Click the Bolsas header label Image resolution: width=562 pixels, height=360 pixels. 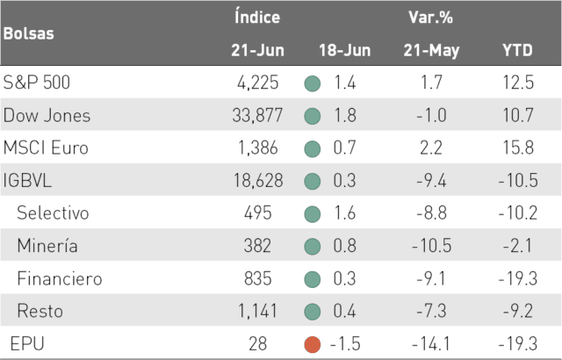click(x=29, y=33)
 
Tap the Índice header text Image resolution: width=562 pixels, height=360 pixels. click(x=257, y=17)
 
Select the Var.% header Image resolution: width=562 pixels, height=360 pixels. click(x=431, y=17)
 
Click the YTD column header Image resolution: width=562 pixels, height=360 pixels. click(x=517, y=50)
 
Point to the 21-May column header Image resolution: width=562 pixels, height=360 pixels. click(x=431, y=51)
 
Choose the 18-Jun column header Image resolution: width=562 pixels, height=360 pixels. click(x=345, y=50)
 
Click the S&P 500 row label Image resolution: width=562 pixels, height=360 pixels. click(x=37, y=83)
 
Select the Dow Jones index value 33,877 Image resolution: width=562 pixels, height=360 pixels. click(x=257, y=115)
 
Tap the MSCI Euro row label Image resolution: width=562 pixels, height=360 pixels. click(x=46, y=148)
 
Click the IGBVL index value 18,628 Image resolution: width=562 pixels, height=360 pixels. click(x=258, y=180)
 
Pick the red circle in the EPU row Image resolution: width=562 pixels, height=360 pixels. click(x=313, y=344)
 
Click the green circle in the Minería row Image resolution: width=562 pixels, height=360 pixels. click(x=313, y=247)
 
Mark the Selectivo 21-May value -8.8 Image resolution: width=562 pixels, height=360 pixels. click(x=431, y=213)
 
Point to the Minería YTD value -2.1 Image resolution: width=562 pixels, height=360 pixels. click(x=517, y=246)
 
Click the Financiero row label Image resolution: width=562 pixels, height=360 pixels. click(x=60, y=278)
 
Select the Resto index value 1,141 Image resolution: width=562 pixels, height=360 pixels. click(x=257, y=311)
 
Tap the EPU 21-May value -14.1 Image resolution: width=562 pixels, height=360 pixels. click(x=431, y=344)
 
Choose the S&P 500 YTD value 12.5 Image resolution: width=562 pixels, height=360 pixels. click(x=518, y=83)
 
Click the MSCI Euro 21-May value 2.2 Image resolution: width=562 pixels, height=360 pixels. click(x=431, y=148)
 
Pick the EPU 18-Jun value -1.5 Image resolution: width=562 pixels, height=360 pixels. click(x=345, y=344)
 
